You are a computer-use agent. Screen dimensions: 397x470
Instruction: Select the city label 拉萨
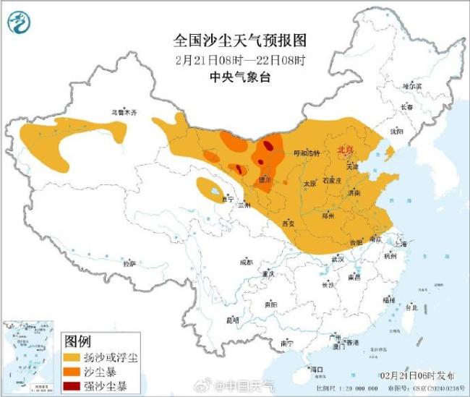(129, 264)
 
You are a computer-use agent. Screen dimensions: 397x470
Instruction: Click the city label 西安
(289, 223)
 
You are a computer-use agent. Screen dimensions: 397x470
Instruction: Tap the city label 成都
(247, 262)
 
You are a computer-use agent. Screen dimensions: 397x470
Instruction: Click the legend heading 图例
(77, 341)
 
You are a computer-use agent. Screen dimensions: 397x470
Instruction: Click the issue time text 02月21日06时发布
(418, 375)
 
